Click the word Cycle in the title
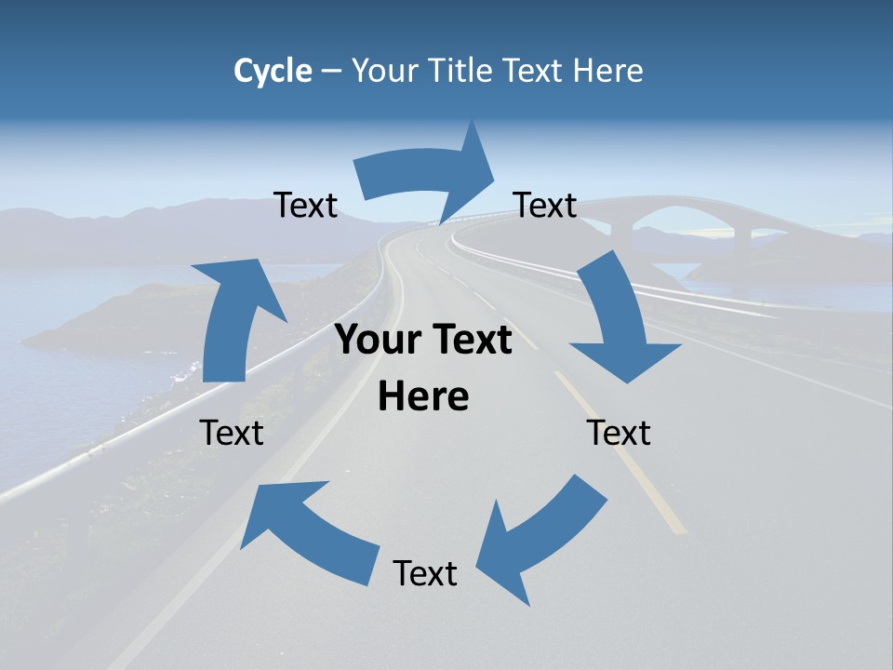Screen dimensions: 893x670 coord(273,71)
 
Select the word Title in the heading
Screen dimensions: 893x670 coord(465,71)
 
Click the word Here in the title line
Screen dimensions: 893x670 coord(607,71)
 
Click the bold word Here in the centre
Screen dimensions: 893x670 coord(423,397)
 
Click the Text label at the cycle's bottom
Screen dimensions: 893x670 coord(425,574)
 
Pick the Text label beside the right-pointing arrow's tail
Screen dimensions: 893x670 coord(306,206)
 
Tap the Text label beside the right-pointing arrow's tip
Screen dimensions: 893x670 coord(545,205)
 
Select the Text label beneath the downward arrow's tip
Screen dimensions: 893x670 coord(619,433)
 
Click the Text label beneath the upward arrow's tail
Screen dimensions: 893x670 coord(232,433)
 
